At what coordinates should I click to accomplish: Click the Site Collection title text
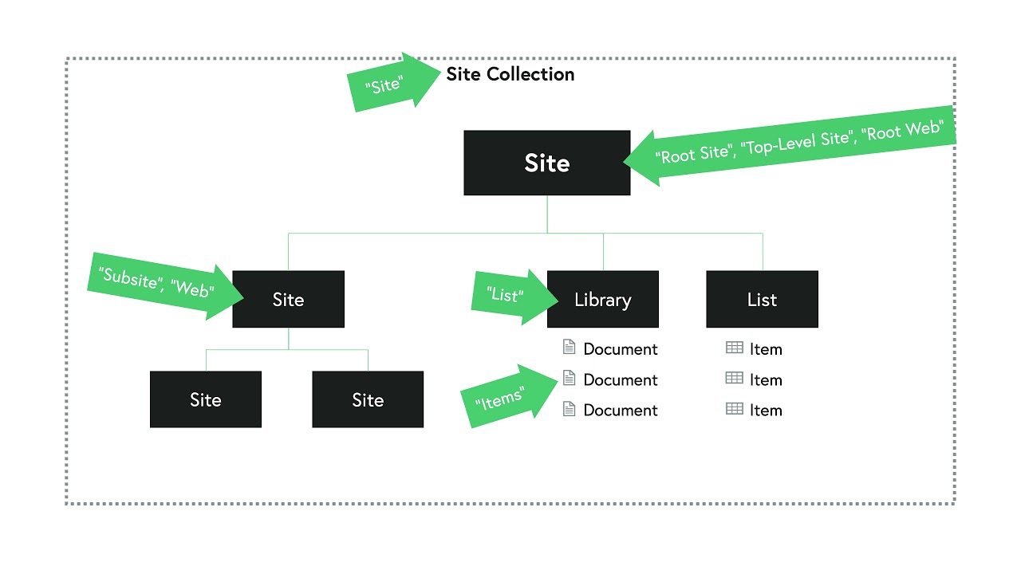tap(510, 74)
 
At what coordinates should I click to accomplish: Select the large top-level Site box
tap(547, 163)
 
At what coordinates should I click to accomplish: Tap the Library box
tap(602, 300)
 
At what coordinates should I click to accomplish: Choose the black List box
tap(762, 300)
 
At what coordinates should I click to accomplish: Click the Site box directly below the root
tap(288, 300)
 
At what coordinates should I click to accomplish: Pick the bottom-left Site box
tap(206, 399)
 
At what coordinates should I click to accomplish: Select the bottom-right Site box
tap(368, 399)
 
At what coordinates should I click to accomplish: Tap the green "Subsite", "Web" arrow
tap(164, 284)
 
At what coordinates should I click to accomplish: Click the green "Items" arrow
tap(507, 396)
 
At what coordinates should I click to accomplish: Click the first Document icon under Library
tap(569, 348)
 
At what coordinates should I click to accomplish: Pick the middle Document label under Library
tap(621, 380)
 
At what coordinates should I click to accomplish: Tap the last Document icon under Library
tap(569, 410)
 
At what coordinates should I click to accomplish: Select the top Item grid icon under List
tap(734, 348)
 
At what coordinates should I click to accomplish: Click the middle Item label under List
tap(766, 380)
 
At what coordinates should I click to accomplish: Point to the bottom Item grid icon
tap(734, 409)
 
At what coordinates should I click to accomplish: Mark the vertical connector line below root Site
tap(547, 214)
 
